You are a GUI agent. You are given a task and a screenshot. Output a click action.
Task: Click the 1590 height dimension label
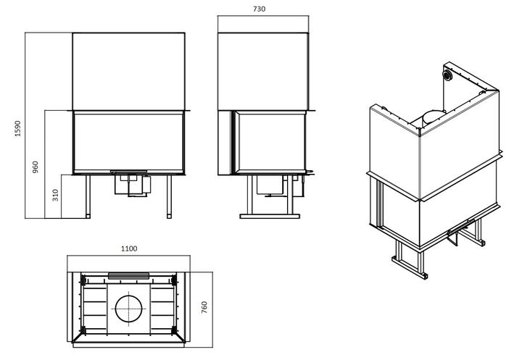(x=17, y=128)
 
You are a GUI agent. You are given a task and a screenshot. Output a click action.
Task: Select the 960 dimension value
(x=36, y=167)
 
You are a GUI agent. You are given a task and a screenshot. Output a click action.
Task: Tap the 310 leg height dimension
(x=55, y=195)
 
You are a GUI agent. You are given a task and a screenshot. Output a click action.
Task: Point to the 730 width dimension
(x=259, y=9)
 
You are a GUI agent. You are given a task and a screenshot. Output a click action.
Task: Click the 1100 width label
(x=129, y=248)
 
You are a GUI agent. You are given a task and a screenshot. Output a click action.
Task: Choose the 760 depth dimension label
(x=204, y=307)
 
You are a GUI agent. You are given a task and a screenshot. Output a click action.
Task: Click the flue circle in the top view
(x=128, y=309)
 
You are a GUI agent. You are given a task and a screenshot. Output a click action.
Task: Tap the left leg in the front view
(x=88, y=196)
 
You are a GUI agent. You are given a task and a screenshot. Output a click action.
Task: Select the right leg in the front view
(x=169, y=196)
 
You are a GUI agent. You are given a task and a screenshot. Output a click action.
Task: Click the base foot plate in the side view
(x=270, y=217)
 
